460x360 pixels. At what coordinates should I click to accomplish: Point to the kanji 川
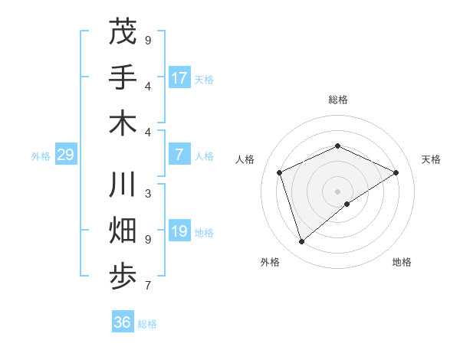(x=123, y=187)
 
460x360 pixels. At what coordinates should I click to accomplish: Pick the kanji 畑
(x=123, y=232)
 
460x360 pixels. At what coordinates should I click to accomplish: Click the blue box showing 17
(x=179, y=77)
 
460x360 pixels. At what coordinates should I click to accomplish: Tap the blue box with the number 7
(x=179, y=155)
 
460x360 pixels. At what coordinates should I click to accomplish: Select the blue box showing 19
(x=179, y=232)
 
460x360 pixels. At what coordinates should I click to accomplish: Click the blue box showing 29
(x=65, y=155)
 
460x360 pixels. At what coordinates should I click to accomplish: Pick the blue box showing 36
(x=123, y=322)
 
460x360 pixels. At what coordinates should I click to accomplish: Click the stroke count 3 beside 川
(x=148, y=194)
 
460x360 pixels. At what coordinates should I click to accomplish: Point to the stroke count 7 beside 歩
(x=148, y=286)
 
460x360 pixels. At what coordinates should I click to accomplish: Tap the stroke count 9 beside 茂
(x=148, y=40)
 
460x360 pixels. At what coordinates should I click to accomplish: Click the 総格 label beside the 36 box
(x=147, y=324)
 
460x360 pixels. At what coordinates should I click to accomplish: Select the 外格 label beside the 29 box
(x=41, y=156)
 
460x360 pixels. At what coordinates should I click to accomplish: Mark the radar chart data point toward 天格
(x=396, y=172)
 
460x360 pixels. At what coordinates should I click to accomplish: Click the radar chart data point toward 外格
(x=301, y=242)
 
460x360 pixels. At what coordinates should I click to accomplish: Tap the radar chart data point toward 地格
(x=347, y=204)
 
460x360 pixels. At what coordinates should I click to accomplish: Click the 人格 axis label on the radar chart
(x=245, y=159)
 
